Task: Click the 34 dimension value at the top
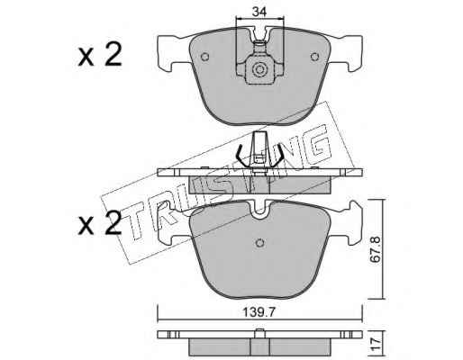pyautogui.click(x=259, y=12)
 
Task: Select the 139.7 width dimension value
pyautogui.click(x=259, y=312)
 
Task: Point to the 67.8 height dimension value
pyautogui.click(x=375, y=249)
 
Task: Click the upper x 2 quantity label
pyautogui.click(x=100, y=54)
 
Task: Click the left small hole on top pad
pyautogui.click(x=204, y=57)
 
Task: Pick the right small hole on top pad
pyautogui.click(x=314, y=57)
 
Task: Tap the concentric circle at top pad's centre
pyautogui.click(x=259, y=69)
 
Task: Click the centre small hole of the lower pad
pyautogui.click(x=259, y=243)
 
